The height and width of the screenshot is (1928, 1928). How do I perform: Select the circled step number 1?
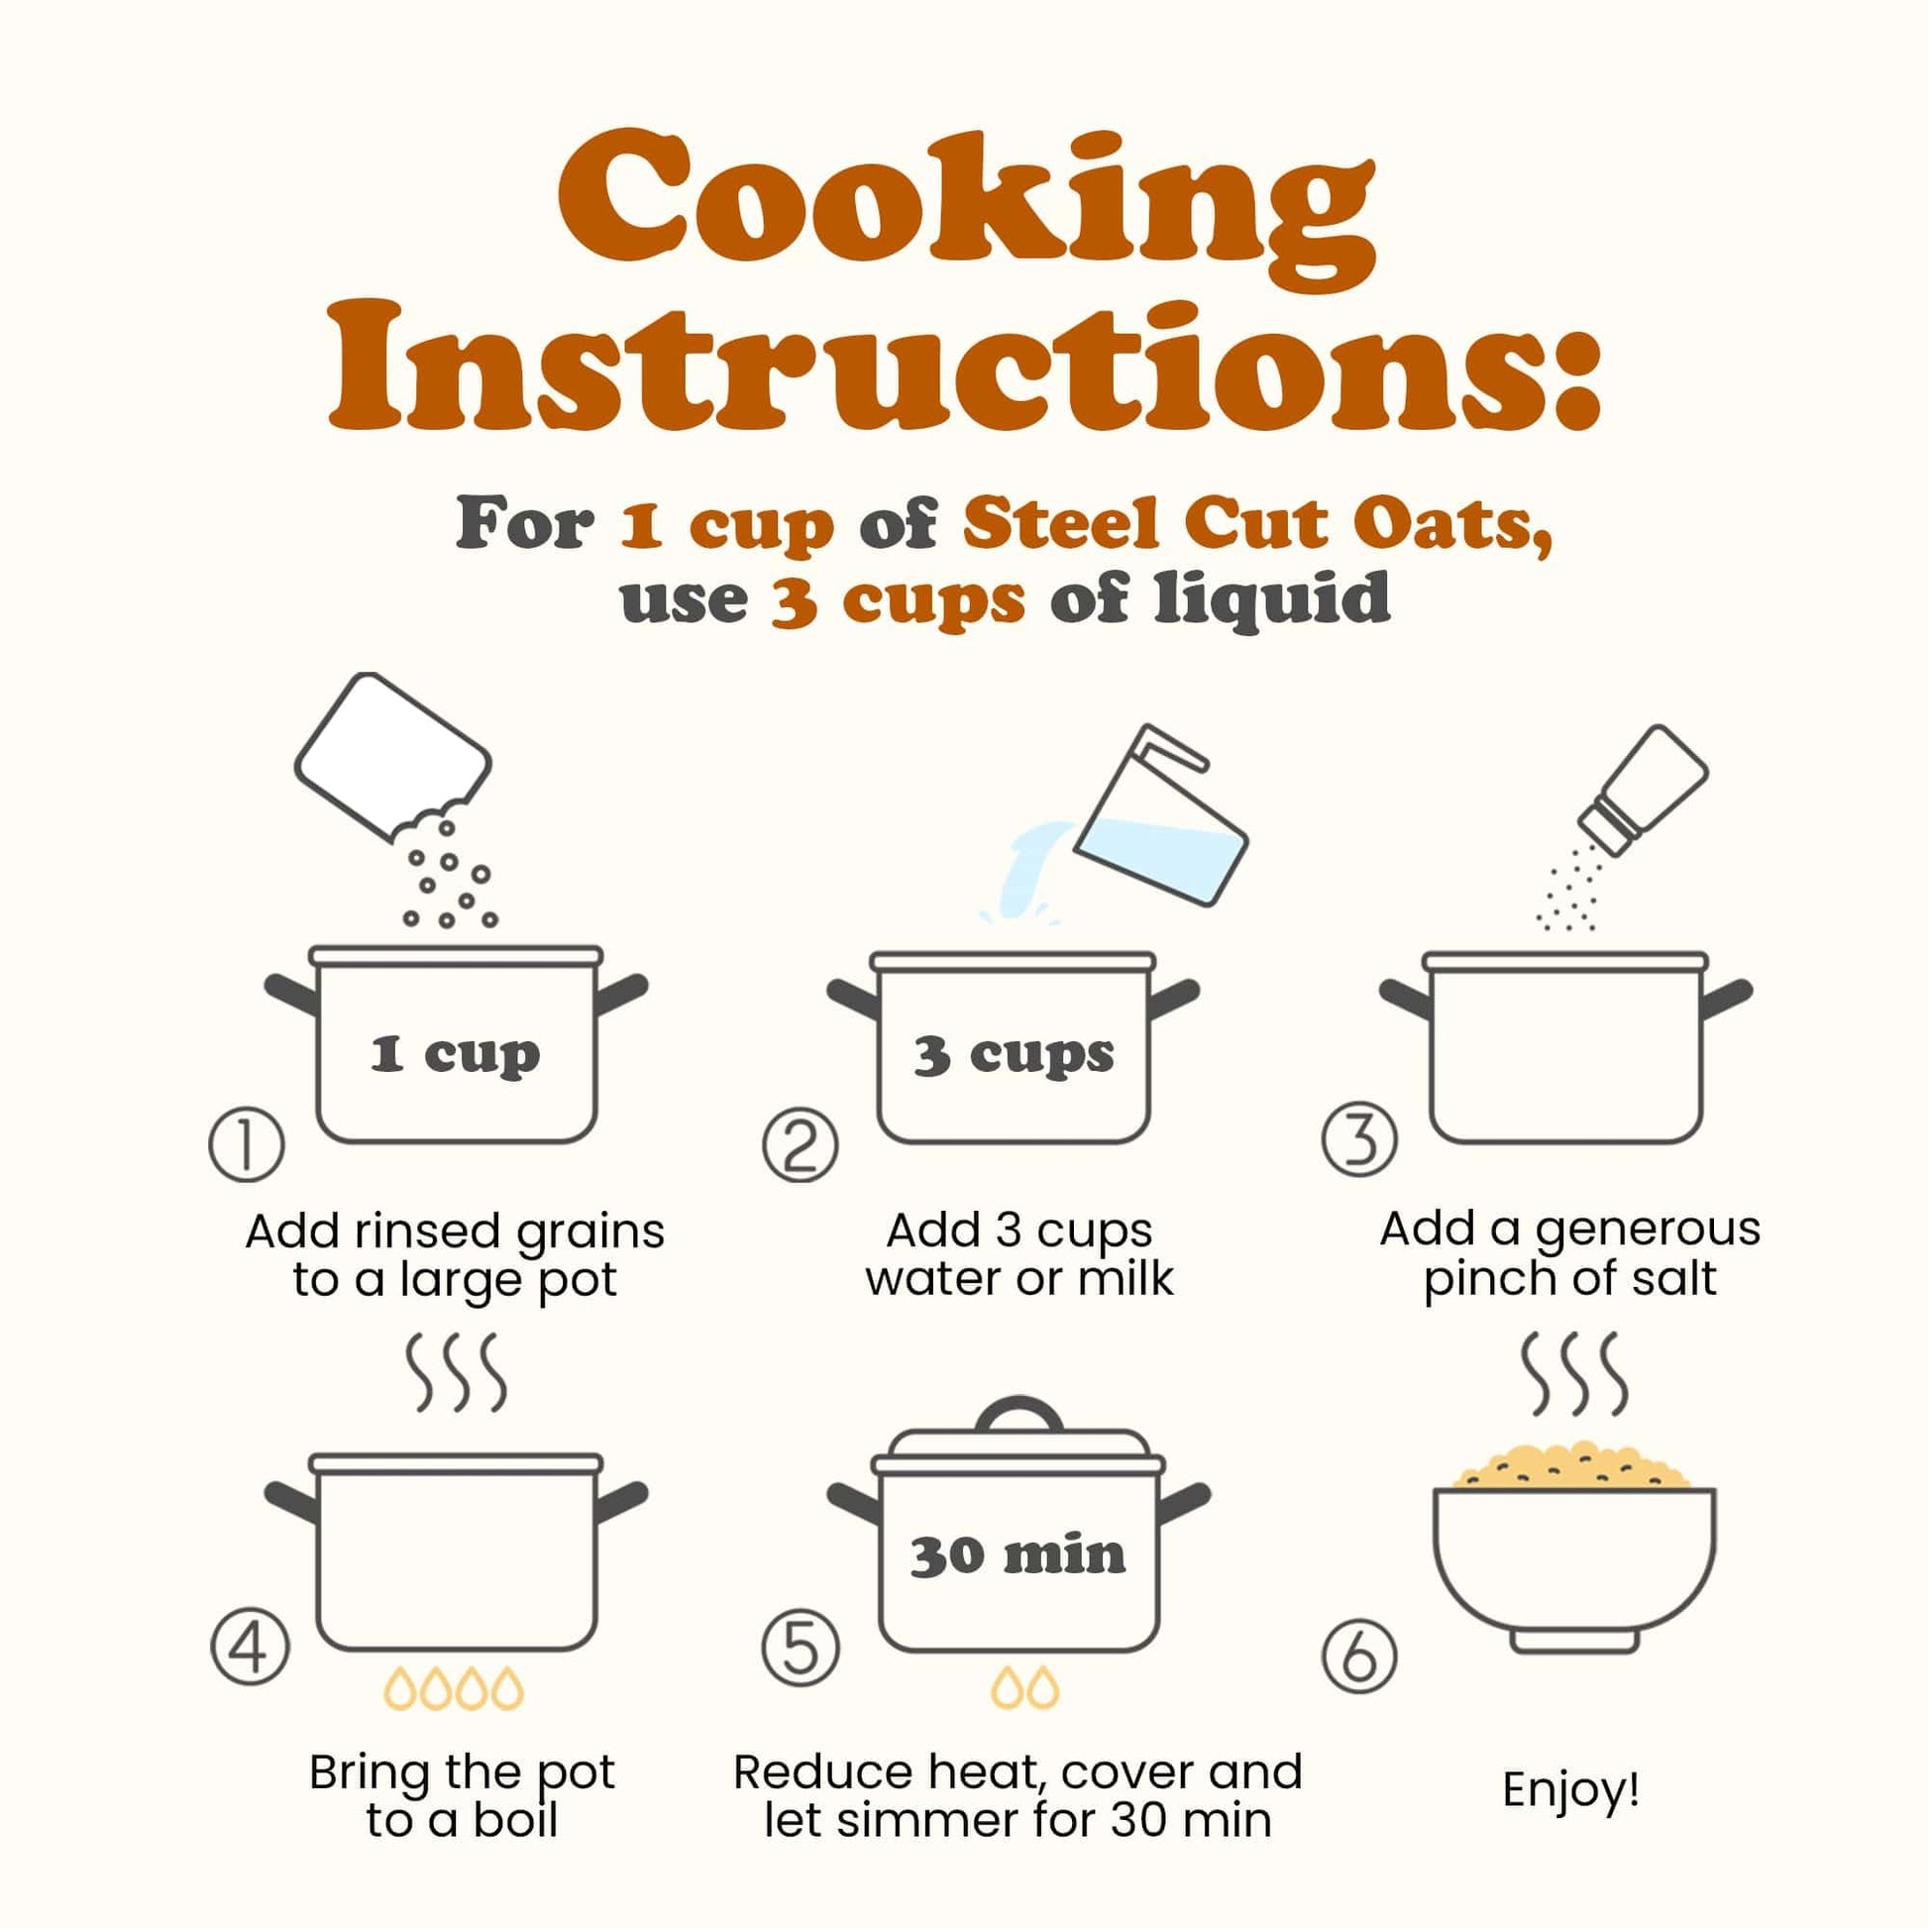247,1143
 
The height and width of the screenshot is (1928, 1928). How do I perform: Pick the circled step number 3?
1359,1138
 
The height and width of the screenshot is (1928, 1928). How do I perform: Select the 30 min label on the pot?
1017,1555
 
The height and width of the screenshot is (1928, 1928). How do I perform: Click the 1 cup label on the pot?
455,1055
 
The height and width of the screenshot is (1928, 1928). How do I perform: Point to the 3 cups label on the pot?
1014,1055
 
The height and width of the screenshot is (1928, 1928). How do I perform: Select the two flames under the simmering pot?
1024,1686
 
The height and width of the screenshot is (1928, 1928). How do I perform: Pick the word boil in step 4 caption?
515,1820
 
